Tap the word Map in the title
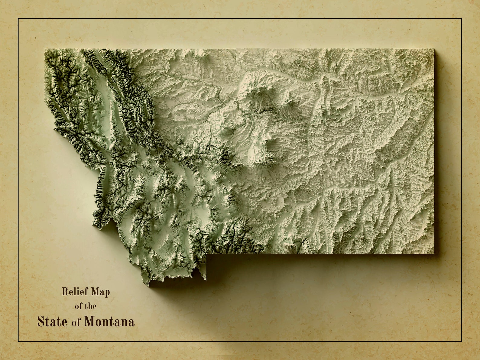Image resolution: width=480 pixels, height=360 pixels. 101,292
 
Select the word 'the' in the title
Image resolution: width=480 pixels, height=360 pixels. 90,306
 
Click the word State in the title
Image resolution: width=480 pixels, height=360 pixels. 52,321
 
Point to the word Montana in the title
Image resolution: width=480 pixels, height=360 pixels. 109,321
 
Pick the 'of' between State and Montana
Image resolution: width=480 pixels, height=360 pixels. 76,322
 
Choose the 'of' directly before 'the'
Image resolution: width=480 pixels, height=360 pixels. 79,306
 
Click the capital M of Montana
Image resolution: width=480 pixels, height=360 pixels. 89,321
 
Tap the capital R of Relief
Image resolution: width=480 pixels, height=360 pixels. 64,292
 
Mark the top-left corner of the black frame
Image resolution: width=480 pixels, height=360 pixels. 18,19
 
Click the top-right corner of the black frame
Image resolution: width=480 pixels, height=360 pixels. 462,19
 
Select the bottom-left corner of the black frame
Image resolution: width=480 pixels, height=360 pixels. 18,342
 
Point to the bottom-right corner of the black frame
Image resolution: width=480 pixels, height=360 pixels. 462,342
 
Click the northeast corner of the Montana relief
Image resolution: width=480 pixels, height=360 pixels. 434,49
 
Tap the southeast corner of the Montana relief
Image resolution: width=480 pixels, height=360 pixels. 434,253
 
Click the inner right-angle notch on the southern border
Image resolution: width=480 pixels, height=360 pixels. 207,254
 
